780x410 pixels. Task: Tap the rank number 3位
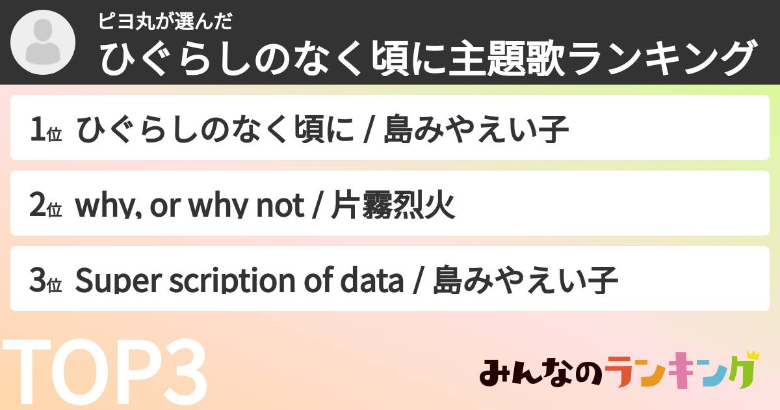coord(45,281)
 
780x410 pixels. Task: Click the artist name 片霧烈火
coord(393,206)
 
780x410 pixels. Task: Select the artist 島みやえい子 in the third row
coord(525,281)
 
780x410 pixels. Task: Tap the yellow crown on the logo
coord(752,355)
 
